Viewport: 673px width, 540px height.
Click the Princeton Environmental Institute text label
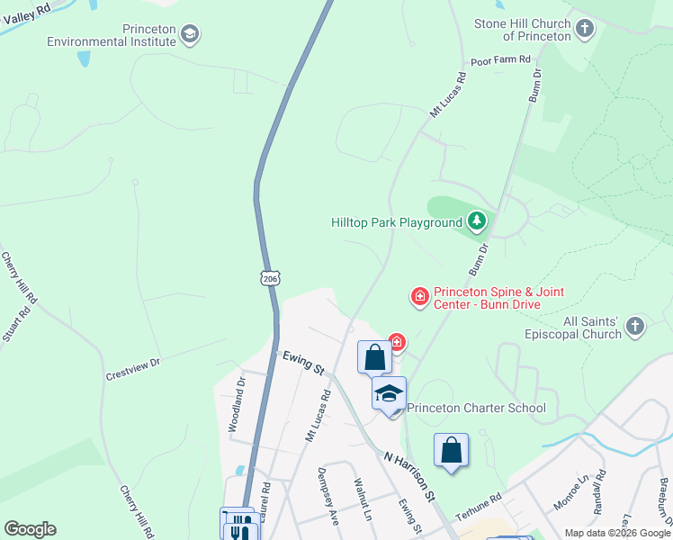[112, 35]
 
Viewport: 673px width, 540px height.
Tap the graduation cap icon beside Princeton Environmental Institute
[190, 35]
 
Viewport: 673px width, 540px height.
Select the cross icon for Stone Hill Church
[585, 29]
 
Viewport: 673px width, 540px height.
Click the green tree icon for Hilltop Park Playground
[476, 221]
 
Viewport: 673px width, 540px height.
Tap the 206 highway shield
[271, 279]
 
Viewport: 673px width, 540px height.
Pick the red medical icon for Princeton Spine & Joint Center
[419, 296]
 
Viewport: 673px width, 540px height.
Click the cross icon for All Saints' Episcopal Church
[635, 327]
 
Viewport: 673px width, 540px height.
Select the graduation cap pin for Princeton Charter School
[390, 393]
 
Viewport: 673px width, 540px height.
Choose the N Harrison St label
[410, 476]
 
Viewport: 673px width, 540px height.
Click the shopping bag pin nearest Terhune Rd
[451, 451]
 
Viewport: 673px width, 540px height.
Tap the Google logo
[30, 528]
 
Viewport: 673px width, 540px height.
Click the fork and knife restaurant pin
[239, 526]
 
